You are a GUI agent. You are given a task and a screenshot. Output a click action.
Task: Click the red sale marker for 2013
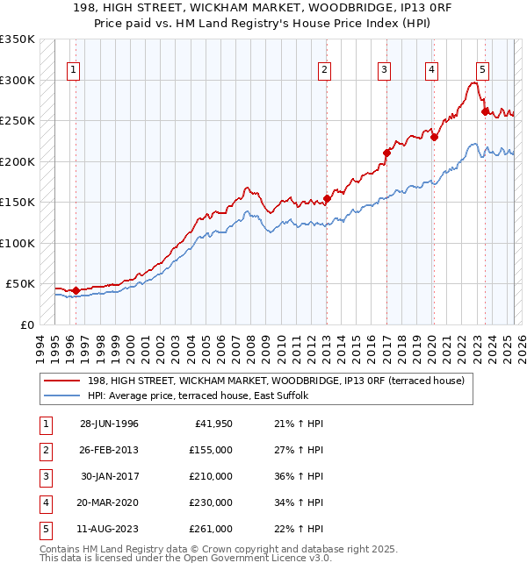[x=327, y=198]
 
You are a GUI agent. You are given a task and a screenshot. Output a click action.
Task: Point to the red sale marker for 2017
[x=386, y=153]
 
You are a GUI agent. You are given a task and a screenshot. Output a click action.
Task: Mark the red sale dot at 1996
[x=76, y=290]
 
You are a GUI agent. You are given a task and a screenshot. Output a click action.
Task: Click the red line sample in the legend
[x=62, y=381]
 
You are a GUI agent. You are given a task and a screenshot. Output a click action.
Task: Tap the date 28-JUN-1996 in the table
[x=109, y=424]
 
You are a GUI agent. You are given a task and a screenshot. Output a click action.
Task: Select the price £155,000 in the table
[x=211, y=450]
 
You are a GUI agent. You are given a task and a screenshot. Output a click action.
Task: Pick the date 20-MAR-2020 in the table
[x=109, y=502]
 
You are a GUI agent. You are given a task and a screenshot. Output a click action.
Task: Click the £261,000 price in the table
[x=211, y=529]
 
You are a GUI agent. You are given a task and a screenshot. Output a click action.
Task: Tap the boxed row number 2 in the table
[x=45, y=450]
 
